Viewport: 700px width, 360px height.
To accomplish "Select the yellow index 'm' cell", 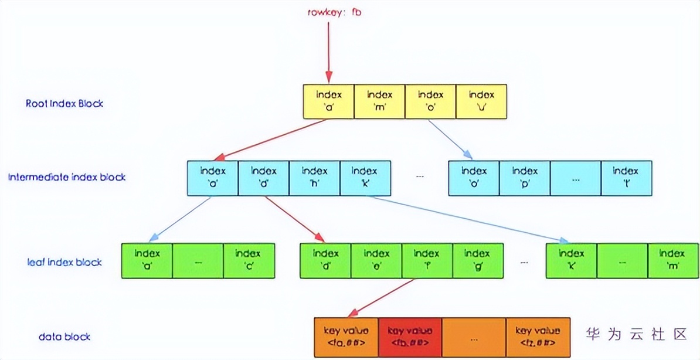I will point(379,102).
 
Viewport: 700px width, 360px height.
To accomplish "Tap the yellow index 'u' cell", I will point(481,102).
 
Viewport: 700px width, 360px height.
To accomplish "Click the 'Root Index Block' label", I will point(64,104).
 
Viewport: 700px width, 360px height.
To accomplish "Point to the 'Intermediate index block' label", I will point(67,177).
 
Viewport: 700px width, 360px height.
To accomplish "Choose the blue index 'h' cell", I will point(314,178).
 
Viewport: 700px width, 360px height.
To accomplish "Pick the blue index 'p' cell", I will point(525,178).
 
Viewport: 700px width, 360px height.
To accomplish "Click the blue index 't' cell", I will point(626,178).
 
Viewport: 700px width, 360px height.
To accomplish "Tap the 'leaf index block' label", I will point(64,261).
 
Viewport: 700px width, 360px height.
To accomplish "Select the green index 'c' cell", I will point(248,260).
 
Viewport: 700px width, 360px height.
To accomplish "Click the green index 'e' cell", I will point(376,260).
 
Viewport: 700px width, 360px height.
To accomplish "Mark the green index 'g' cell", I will point(477,260).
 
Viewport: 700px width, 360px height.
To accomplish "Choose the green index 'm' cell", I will point(672,260).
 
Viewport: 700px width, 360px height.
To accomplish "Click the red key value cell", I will point(410,337).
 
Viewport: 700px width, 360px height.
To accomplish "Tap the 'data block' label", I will point(64,337).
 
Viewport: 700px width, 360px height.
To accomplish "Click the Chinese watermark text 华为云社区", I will point(636,334).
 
